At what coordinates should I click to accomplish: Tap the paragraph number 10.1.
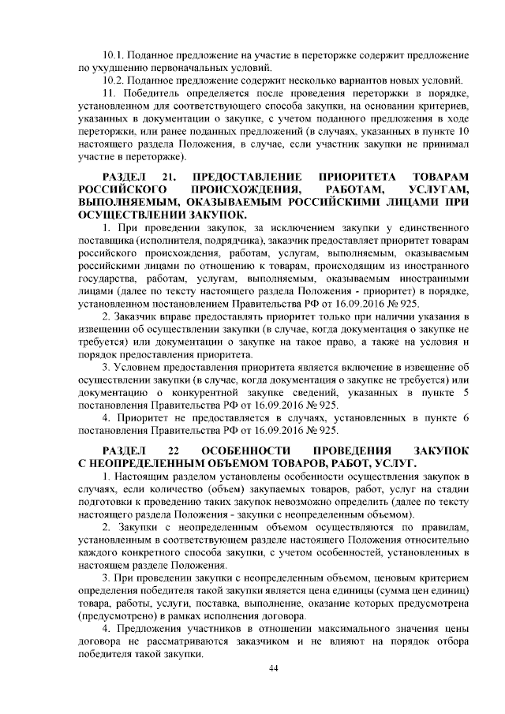(x=114, y=56)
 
